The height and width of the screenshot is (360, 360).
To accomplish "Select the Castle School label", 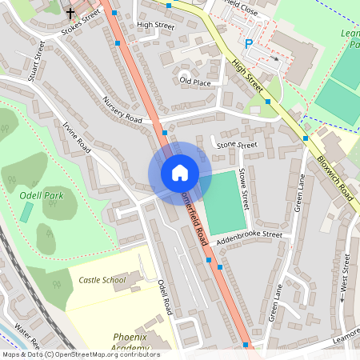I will [x=102, y=280].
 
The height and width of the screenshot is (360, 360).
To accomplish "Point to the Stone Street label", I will [x=237, y=145].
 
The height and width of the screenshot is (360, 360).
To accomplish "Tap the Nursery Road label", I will [x=122, y=110].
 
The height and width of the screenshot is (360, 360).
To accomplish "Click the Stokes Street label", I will [x=81, y=24].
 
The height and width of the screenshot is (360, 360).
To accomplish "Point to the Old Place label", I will [x=195, y=82].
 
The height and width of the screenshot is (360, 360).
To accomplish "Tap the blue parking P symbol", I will [x=247, y=44].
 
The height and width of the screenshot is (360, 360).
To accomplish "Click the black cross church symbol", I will [x=70, y=13].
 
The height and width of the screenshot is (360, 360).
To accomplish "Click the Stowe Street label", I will [x=245, y=205].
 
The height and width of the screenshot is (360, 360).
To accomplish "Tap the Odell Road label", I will [x=166, y=297].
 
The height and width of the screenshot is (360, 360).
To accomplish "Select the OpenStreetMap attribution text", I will [x=80, y=354].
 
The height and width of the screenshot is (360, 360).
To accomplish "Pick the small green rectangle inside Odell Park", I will [x=27, y=213].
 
